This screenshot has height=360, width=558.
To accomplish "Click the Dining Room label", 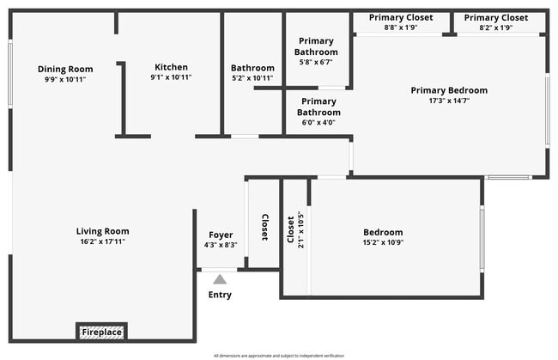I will (65, 69).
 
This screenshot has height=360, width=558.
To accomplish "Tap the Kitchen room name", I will (171, 67).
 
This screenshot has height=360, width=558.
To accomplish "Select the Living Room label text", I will (102, 231).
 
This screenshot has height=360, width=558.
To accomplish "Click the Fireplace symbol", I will (101, 332).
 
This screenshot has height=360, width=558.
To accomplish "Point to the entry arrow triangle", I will (220, 278).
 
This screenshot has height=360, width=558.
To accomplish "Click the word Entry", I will (220, 295).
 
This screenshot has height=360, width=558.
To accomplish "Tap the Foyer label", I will (221, 235).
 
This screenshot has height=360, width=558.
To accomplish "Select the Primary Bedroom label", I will (449, 90).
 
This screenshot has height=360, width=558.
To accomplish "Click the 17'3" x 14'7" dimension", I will (449, 101).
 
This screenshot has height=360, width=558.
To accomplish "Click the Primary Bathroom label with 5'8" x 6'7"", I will (316, 52).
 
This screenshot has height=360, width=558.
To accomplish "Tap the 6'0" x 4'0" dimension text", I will (318, 123).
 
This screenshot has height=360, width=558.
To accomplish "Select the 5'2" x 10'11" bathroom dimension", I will (252, 78).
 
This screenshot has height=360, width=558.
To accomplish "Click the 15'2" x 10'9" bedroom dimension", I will (383, 242).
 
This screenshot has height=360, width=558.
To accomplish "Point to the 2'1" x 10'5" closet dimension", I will (300, 230).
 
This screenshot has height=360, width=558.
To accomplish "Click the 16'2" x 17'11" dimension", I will (102, 241).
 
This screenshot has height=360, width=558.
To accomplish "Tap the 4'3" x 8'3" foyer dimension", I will (221, 245).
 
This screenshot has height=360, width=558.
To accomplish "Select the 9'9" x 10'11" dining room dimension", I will (65, 79).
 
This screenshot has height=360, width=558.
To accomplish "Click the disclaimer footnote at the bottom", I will (278, 355).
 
